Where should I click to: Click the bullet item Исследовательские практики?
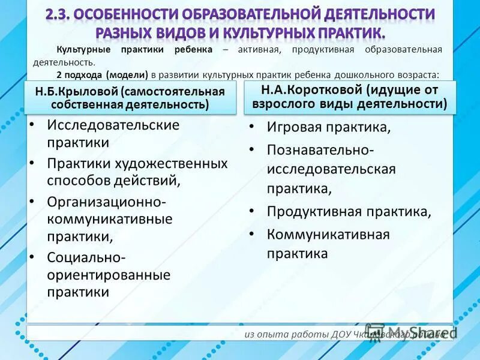pos(113,134)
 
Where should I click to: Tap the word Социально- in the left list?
pos(86,257)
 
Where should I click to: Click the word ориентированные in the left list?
pos(109,275)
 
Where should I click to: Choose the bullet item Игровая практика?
pos(329,127)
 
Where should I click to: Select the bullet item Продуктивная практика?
pos(349,212)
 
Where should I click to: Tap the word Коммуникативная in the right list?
pos(328,234)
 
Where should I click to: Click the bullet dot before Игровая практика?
pos(254,127)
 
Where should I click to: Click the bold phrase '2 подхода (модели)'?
pos(103,75)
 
